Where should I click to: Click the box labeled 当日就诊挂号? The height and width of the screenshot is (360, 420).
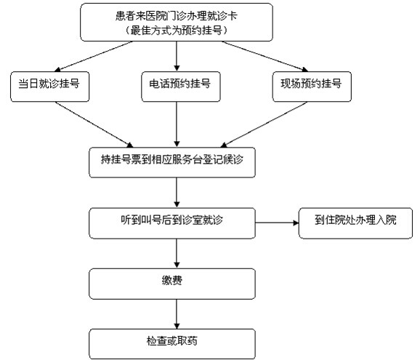[50, 87]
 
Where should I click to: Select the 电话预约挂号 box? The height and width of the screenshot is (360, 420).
[181, 87]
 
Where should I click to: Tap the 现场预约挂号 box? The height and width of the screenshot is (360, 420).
[312, 87]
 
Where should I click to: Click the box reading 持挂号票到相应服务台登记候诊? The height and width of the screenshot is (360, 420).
[172, 162]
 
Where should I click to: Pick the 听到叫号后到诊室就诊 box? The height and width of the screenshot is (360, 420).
[172, 223]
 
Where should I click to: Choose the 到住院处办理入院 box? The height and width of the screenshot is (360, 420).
[355, 223]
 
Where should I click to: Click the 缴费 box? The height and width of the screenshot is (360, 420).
[172, 284]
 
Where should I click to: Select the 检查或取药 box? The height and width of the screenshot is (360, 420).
[172, 344]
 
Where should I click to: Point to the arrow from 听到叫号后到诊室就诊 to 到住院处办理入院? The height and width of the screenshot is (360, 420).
[277, 223]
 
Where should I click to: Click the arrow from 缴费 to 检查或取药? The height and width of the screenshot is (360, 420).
[177, 314]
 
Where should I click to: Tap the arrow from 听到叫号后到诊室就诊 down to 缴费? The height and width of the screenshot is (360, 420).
[177, 254]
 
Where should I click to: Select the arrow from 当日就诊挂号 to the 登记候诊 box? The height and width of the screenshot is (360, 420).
[94, 124]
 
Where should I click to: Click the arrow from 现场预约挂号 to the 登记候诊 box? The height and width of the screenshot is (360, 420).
[264, 124]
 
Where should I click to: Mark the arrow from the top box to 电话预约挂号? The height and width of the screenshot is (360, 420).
[177, 56]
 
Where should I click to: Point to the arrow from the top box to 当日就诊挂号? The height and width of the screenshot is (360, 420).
[93, 56]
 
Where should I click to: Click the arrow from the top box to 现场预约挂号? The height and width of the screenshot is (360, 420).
[265, 56]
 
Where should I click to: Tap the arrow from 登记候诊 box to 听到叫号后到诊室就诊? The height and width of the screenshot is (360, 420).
[177, 193]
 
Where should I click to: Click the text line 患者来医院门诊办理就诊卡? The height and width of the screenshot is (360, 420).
[177, 16]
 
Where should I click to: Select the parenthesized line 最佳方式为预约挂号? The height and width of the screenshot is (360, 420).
[177, 31]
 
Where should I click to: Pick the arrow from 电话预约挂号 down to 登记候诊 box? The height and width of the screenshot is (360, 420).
[177, 124]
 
